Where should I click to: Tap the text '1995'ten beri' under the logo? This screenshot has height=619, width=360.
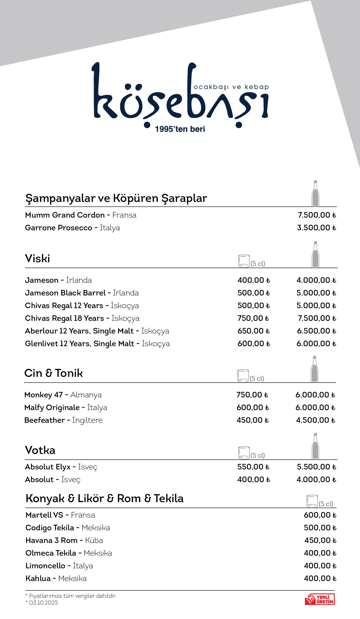[x=180, y=129]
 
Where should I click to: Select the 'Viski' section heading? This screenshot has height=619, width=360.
[x=38, y=259]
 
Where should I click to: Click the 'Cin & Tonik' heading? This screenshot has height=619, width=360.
[x=54, y=373]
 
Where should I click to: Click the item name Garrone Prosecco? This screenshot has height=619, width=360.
[x=58, y=228]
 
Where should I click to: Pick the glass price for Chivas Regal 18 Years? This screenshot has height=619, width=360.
[x=253, y=318]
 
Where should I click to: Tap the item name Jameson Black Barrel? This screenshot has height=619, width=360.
[x=65, y=293]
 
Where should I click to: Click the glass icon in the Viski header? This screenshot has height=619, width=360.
[x=244, y=261]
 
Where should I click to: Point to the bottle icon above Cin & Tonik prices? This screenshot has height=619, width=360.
[x=315, y=369]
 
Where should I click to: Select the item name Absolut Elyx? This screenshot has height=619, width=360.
[x=48, y=467]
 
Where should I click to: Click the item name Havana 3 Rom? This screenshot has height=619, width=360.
[x=52, y=540]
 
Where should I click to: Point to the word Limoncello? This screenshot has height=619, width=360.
[x=45, y=566]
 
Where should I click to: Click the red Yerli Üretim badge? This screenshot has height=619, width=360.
[x=320, y=599]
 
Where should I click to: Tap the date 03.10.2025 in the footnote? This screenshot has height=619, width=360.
[x=43, y=603]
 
